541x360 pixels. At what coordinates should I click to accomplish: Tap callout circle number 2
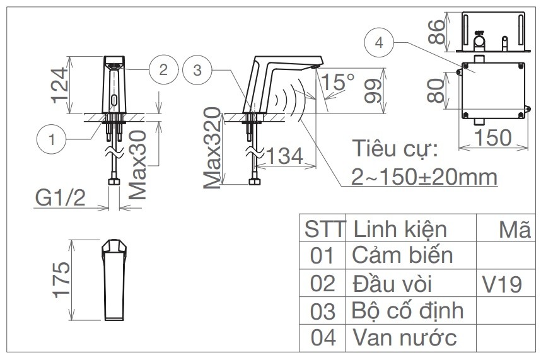pos(163,69)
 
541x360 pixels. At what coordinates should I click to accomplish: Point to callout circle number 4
pos(378,44)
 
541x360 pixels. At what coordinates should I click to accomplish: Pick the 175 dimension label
pos(59,281)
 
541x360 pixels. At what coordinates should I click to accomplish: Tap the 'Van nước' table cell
pos(404,338)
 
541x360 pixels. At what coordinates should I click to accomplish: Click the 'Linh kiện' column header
pos(400,228)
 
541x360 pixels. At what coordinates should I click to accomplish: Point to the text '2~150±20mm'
pos(417,177)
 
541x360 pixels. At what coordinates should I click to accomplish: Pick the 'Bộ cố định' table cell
pos(407,311)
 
